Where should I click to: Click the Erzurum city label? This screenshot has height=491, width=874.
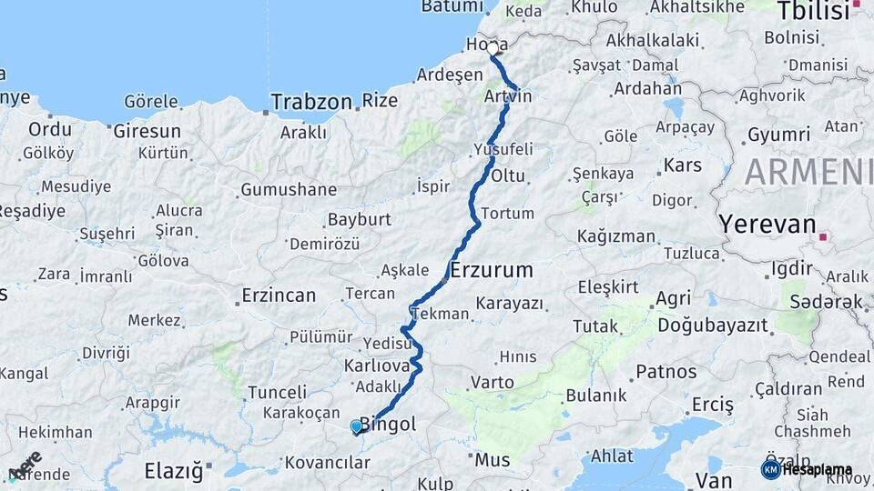[x=492, y=270]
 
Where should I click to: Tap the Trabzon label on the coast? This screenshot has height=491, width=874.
[x=310, y=101]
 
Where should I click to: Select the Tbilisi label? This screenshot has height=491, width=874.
[x=811, y=12]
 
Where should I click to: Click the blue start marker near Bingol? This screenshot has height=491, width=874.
[x=356, y=426]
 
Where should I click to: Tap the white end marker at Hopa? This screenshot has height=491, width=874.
[x=493, y=47]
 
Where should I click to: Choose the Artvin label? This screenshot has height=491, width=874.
[x=508, y=96]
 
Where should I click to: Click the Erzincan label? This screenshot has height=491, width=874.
[x=279, y=296]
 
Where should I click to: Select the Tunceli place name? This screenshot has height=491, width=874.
[x=277, y=392]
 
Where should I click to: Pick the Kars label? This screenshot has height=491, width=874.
[x=683, y=165]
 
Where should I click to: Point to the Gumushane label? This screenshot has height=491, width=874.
[x=288, y=191]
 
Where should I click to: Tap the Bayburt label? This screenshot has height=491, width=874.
[x=359, y=220]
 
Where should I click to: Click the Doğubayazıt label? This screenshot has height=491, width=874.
[x=713, y=325]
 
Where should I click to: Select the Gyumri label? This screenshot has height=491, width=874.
[x=778, y=135]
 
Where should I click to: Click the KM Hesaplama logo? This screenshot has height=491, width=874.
[x=807, y=470]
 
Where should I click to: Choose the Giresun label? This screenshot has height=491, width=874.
[x=147, y=131]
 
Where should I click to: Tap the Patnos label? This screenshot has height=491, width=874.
[x=666, y=371]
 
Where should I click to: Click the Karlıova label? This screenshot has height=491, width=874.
[x=374, y=366]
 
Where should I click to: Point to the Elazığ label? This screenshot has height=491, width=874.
[x=173, y=471]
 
